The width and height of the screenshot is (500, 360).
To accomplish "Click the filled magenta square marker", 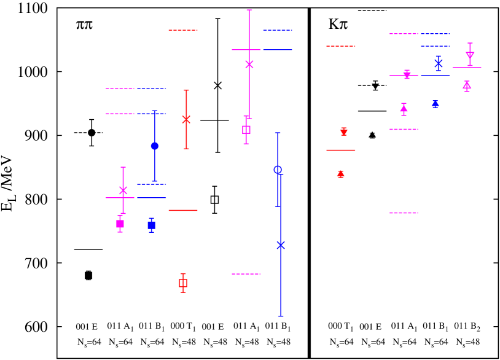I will [x=120, y=224].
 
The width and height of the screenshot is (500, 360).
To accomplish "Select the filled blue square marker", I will [x=151, y=225].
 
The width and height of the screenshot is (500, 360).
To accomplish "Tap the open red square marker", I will [x=183, y=283].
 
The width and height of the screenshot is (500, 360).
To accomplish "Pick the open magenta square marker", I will [x=246, y=130].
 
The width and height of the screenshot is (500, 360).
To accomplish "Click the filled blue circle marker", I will [x=155, y=146].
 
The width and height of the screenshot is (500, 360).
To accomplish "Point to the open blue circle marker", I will [x=278, y=170].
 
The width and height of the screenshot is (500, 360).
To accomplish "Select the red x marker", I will [x=186, y=119].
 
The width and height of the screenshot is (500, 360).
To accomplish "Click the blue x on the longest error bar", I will [x=281, y=245].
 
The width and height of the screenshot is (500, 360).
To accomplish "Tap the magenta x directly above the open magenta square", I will [x=249, y=64].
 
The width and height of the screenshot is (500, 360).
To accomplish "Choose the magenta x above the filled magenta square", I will [x=123, y=190].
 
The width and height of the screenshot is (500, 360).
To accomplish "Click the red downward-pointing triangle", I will [x=344, y=132].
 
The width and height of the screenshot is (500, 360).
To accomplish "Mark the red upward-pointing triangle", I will [x=341, y=174].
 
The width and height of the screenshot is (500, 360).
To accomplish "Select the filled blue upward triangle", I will [x=436, y=104].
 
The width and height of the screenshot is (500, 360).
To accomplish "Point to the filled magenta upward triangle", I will [x=404, y=108].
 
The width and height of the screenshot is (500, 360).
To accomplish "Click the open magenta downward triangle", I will [x=470, y=55].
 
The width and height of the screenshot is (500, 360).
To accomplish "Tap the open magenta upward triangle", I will [x=467, y=85].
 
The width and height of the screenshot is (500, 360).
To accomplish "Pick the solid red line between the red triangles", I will [x=341, y=150].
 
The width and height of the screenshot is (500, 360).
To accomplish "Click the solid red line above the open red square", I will [x=183, y=210].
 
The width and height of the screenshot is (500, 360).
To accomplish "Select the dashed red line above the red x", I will [x=183, y=30].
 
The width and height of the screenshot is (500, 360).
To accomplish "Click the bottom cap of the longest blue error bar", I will [x=281, y=316].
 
